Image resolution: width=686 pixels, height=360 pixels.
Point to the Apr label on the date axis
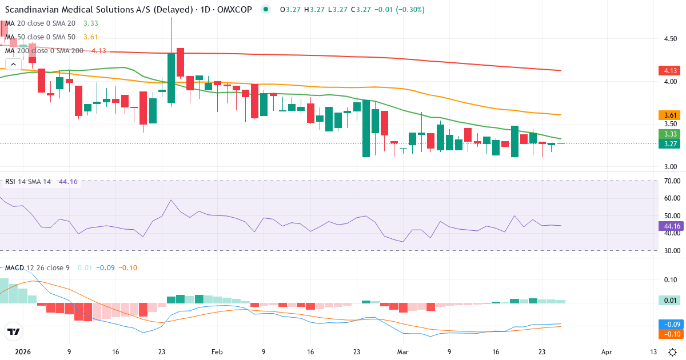(607, 353)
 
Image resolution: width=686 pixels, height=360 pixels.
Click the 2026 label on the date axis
(23, 353)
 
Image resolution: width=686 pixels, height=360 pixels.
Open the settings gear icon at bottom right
(673, 352)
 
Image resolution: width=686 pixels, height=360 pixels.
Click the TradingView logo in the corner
(14, 331)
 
